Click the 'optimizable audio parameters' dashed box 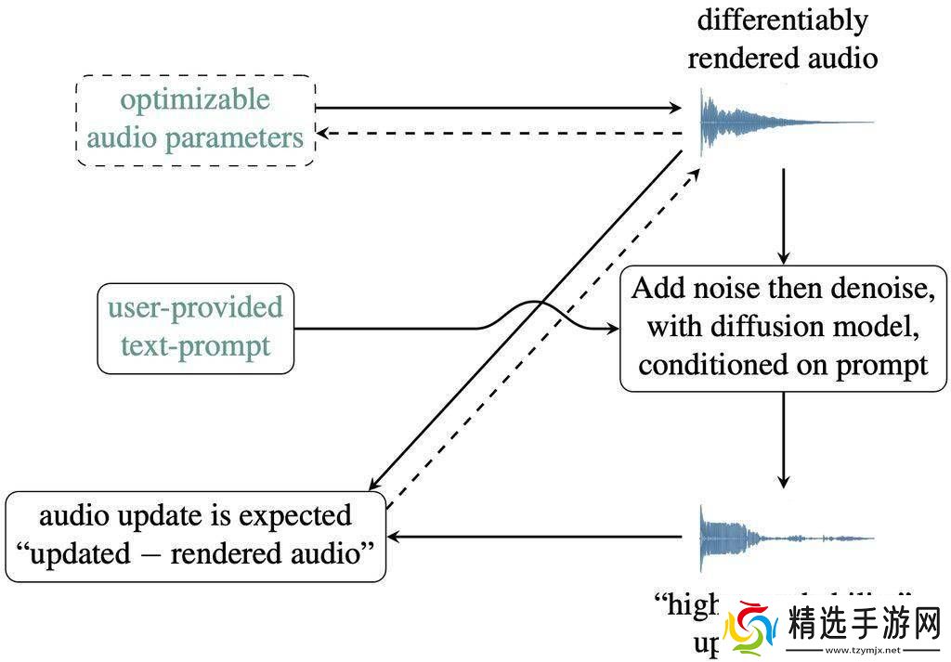point(195,120)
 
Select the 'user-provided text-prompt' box point(195,328)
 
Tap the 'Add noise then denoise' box point(783,326)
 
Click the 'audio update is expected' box point(195,535)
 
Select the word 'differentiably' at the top point(783,19)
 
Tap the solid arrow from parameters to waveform point(502,109)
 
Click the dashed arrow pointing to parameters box point(502,134)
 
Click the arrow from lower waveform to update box point(539,537)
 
